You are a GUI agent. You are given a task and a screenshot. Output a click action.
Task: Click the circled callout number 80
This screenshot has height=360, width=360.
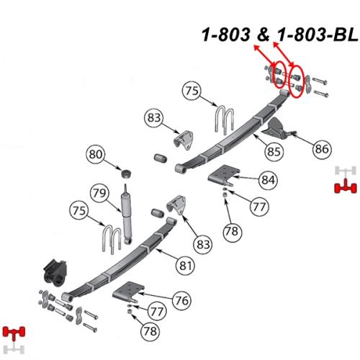[x=96, y=154]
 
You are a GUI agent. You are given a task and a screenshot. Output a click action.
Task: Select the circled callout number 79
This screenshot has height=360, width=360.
[x=99, y=193]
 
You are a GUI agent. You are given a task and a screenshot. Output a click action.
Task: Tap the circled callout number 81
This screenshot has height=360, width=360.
[x=186, y=266]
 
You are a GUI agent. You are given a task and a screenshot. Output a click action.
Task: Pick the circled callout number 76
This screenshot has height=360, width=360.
[x=181, y=300]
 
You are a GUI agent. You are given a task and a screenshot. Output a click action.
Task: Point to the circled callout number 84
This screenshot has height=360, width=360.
[x=268, y=179]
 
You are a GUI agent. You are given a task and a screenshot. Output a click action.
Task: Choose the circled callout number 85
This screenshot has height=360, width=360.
[x=274, y=151]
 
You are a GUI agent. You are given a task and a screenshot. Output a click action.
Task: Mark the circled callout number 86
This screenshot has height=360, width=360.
[x=322, y=149]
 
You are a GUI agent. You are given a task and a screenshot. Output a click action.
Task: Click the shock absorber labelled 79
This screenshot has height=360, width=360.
[x=127, y=214]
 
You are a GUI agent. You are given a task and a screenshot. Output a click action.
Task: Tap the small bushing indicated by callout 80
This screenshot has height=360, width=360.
[x=126, y=174]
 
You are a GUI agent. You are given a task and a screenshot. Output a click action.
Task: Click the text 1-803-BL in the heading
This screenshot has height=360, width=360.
[x=318, y=35]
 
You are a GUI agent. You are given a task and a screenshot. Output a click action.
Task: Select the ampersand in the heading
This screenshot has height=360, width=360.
[x=264, y=35]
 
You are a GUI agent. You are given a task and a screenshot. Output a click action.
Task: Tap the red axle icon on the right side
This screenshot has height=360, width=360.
[x=346, y=186]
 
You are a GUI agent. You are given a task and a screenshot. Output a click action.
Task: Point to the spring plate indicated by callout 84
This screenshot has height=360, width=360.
[x=224, y=175]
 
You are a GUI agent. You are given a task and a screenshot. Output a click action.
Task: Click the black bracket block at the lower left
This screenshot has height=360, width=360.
[x=55, y=273]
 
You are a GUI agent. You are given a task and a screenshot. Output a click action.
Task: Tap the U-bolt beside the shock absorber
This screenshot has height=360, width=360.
[x=112, y=240]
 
